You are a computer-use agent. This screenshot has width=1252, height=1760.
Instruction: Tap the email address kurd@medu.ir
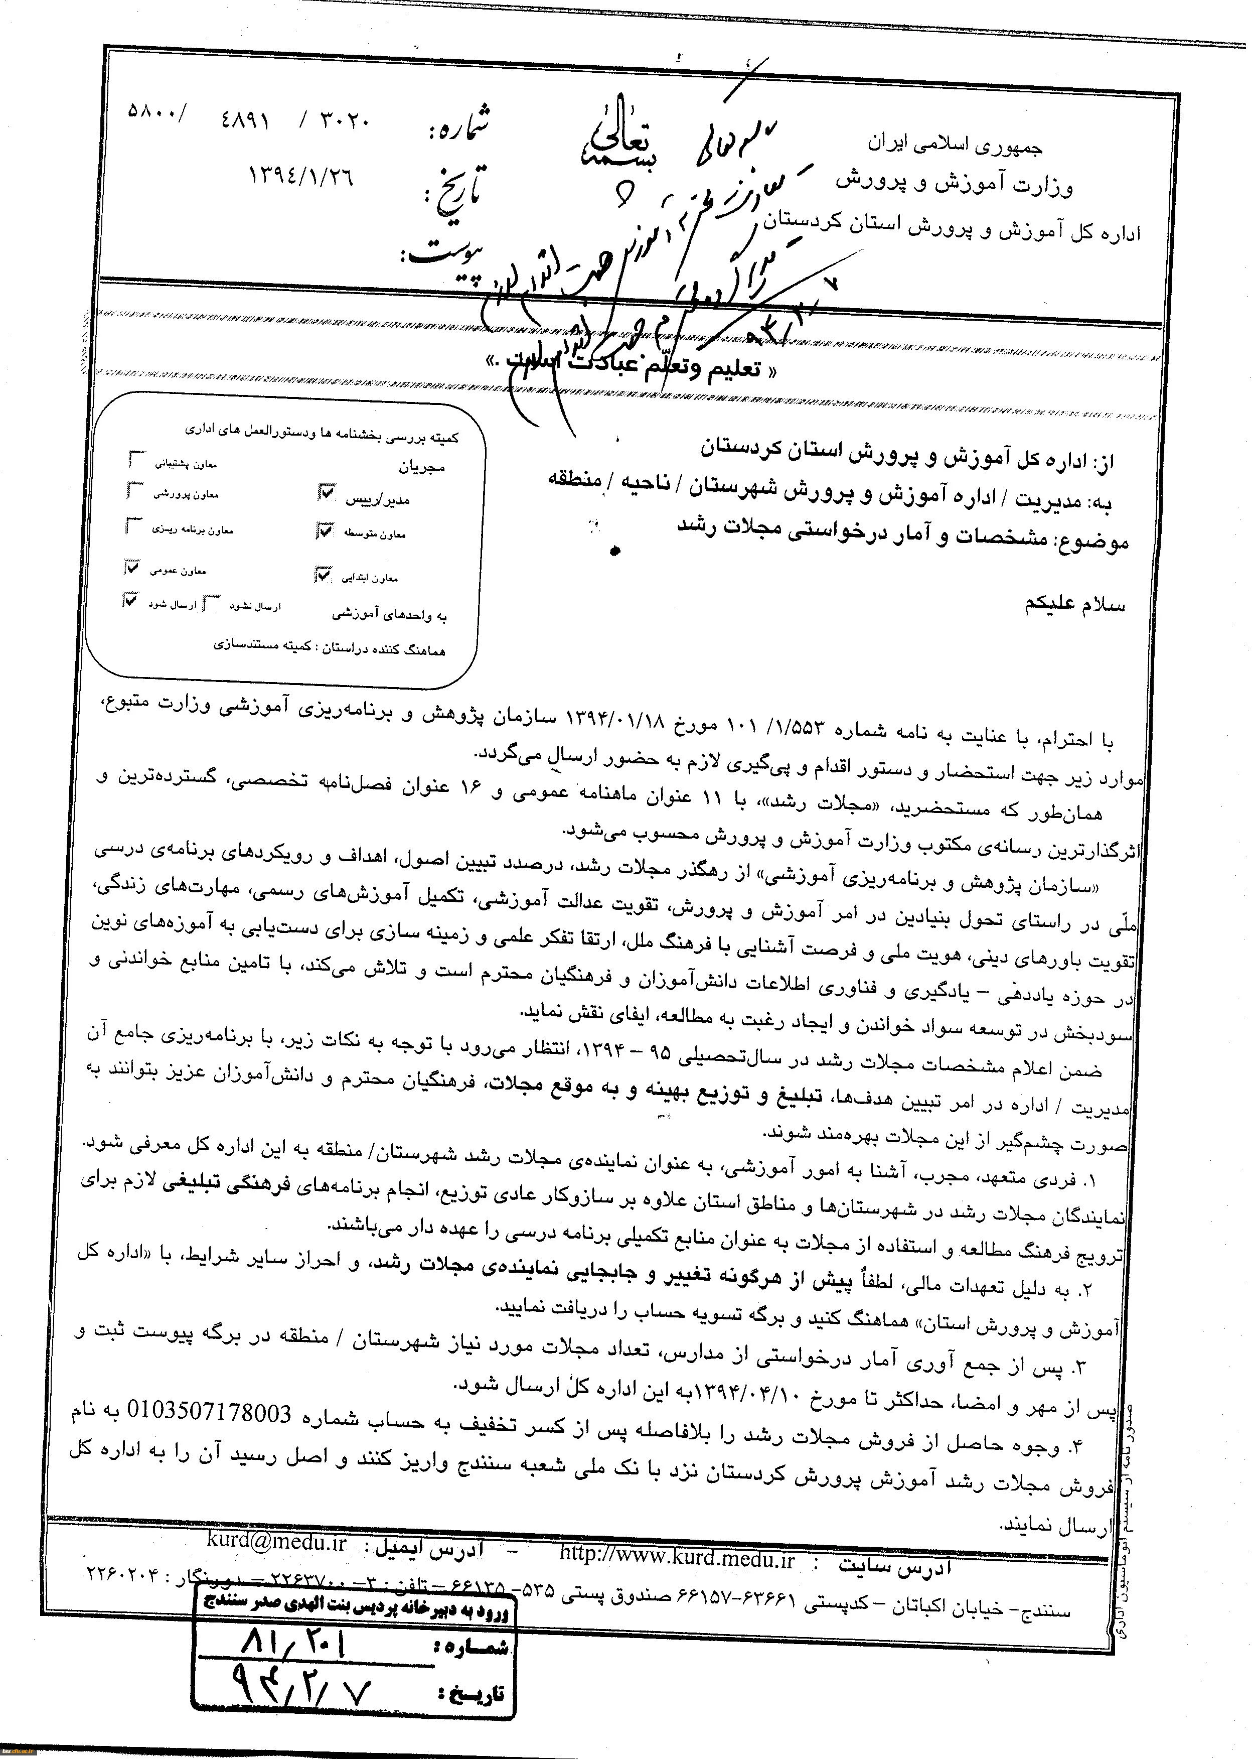pos(277,1542)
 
